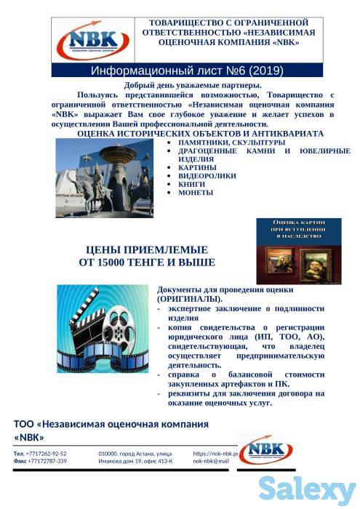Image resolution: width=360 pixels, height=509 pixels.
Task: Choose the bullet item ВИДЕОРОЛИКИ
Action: coord(204,176)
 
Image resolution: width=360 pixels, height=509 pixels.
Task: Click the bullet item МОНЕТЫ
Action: coord(195,193)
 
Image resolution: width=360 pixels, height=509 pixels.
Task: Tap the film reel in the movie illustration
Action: coord(123,324)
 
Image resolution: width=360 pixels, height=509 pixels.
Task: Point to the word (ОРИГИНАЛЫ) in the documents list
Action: coord(190,299)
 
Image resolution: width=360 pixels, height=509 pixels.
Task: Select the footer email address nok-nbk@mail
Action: coord(211,461)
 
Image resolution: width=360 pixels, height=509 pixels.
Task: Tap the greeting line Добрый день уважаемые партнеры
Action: coord(193,87)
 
